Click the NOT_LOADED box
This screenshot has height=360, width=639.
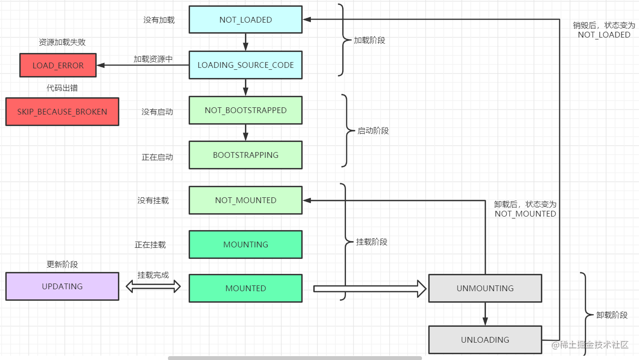click(245, 20)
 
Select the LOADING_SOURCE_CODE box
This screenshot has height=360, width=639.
click(245, 65)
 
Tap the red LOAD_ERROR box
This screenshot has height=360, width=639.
click(58, 65)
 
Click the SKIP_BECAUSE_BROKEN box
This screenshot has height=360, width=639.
click(62, 112)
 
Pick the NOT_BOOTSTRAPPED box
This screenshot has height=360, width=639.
click(245, 110)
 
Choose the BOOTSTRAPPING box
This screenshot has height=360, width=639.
click(245, 155)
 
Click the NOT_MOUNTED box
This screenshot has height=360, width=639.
click(245, 200)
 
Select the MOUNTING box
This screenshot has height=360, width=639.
click(245, 244)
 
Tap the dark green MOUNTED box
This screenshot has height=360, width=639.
click(245, 288)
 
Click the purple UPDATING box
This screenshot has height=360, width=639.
click(62, 286)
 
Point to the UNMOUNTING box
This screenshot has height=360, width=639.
click(485, 288)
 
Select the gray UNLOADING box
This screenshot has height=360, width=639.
click(485, 340)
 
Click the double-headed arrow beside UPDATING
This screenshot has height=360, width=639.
click(153, 287)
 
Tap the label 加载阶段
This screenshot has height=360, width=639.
click(370, 40)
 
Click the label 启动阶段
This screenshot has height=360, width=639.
click(373, 130)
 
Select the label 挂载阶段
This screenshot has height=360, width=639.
click(371, 242)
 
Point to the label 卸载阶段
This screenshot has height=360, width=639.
click(612, 315)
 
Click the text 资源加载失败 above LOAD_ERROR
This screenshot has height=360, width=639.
click(62, 42)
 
